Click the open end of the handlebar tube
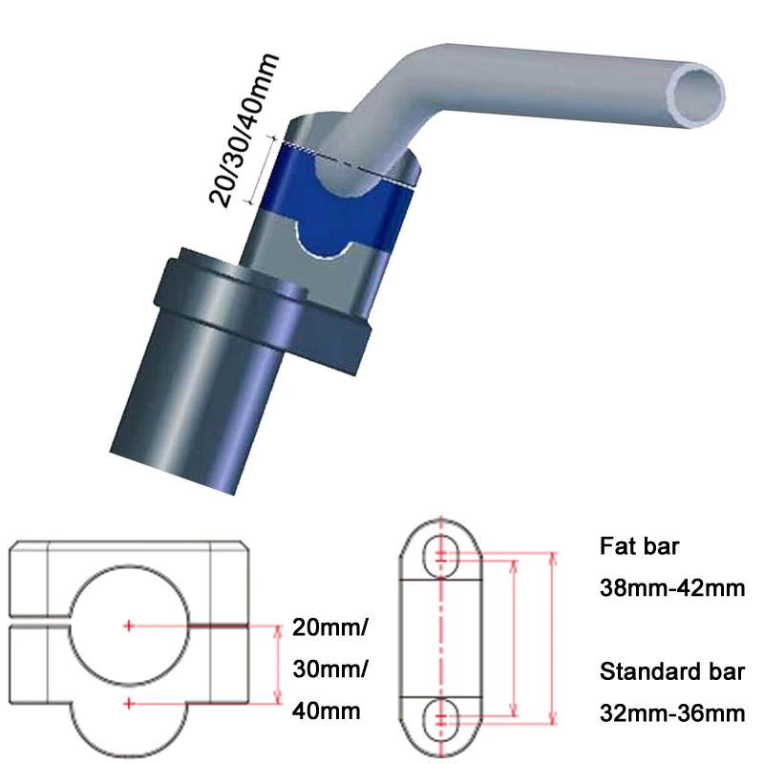point(701,93)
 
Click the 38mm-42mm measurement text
point(671,587)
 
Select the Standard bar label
point(671,671)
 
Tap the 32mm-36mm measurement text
point(671,711)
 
